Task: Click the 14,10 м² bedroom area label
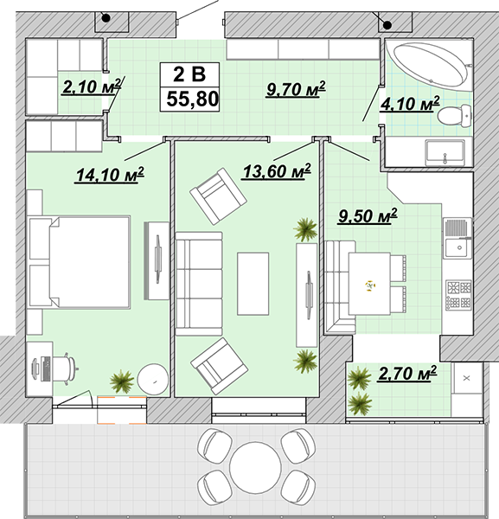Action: [x=110, y=175]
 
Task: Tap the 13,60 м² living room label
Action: [x=277, y=171]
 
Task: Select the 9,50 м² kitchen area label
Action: [x=368, y=215]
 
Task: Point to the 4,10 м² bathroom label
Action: [x=410, y=104]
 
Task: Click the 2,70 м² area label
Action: [x=407, y=374]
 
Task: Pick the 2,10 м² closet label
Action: [x=92, y=86]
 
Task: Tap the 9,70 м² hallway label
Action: [x=296, y=89]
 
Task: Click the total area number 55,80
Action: [x=193, y=99]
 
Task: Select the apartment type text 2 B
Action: [x=189, y=74]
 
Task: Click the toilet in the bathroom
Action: [x=454, y=115]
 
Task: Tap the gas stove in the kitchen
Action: [x=458, y=295]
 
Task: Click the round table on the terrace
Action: [x=255, y=467]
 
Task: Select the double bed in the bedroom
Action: [x=80, y=262]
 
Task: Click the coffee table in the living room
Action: [x=253, y=284]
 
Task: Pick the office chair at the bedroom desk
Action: [x=66, y=368]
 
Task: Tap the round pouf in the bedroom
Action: [x=153, y=380]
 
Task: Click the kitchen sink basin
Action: [x=458, y=248]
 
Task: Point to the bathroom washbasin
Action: [x=445, y=152]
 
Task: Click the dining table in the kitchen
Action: [x=369, y=284]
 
